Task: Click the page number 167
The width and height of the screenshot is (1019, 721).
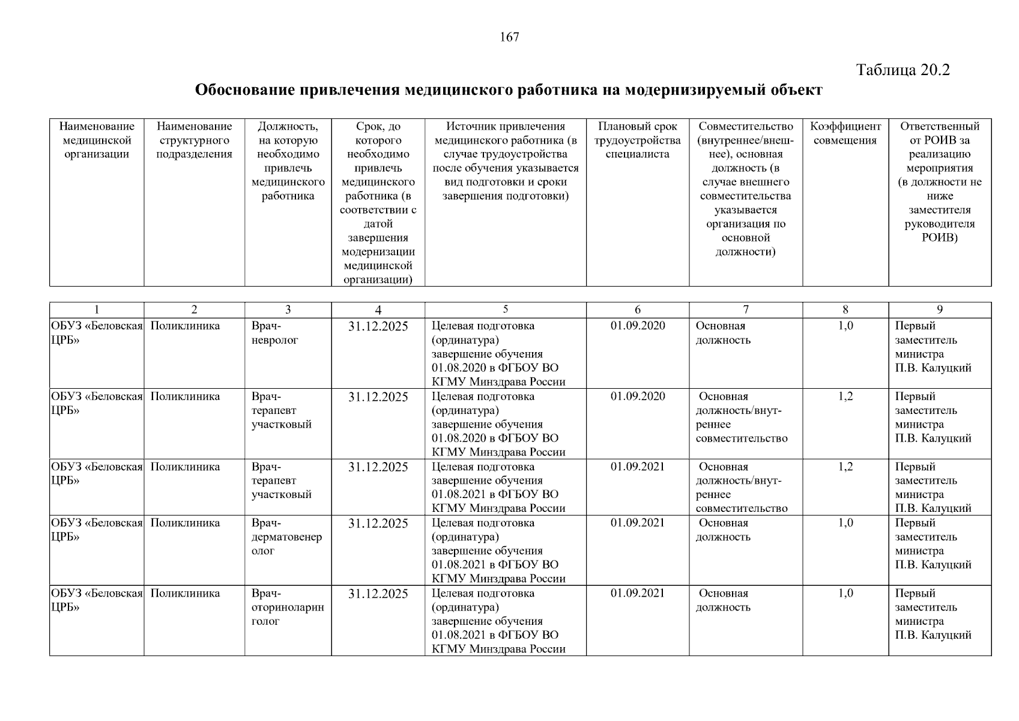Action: pos(509,37)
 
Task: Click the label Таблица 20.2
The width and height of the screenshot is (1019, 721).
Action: pos(903,70)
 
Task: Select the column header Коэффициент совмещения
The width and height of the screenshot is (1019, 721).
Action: pos(845,133)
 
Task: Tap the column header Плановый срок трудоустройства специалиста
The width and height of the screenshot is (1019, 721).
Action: pos(637,140)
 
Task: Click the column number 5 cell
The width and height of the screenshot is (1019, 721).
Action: pos(505,309)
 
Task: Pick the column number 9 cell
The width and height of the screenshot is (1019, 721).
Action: pos(939,309)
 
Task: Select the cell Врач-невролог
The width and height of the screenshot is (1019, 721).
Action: pos(275,333)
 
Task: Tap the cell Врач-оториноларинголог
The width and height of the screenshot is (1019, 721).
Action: pos(287,607)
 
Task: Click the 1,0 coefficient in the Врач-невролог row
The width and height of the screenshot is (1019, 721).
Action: pos(845,326)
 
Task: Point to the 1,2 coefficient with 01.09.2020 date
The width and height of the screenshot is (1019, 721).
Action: pos(845,397)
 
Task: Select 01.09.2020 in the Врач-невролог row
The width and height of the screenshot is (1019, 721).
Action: pos(637,326)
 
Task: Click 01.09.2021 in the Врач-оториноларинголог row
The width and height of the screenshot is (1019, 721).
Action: pos(637,593)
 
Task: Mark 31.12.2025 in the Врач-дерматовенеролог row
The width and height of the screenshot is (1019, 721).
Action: pos(378,523)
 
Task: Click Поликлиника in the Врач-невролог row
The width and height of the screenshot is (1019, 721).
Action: pos(185,326)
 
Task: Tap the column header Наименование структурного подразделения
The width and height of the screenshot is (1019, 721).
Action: pos(194,140)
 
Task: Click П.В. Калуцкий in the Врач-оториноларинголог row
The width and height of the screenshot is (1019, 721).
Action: pos(933,635)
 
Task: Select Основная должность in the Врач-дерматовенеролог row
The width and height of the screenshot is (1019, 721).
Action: pos(723,530)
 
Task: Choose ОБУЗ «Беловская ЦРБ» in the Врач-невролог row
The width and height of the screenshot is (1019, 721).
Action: pos(96,333)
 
